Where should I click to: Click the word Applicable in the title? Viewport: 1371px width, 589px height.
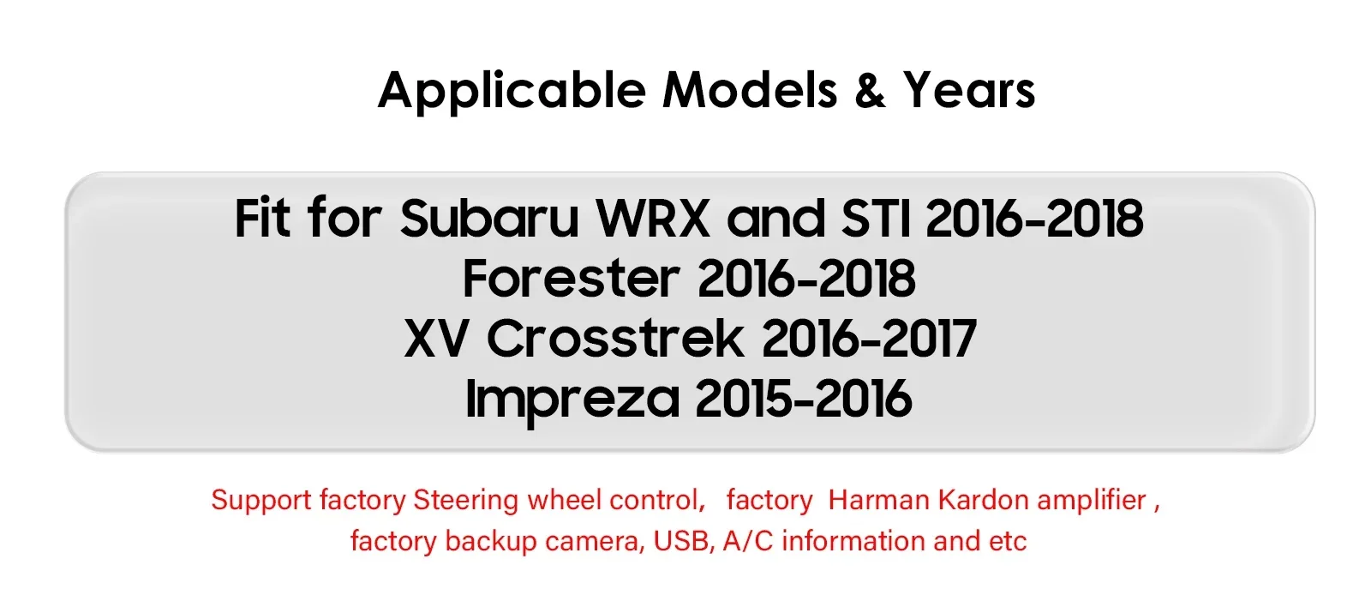pyautogui.click(x=512, y=91)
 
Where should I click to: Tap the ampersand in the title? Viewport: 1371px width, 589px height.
pyautogui.click(x=870, y=90)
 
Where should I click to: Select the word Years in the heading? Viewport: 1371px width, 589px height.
pyautogui.click(x=969, y=90)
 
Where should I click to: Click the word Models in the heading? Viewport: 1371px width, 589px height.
pyautogui.click(x=750, y=90)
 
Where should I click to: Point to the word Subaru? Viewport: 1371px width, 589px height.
pyautogui.click(x=489, y=218)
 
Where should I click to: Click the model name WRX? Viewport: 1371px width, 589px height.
pyautogui.click(x=653, y=218)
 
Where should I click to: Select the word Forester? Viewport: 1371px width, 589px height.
pyautogui.click(x=571, y=279)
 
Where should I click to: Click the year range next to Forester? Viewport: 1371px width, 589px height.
pyautogui.click(x=806, y=279)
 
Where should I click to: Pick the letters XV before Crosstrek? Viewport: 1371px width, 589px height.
pyautogui.click(x=436, y=339)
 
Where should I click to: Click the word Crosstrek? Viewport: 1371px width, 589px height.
pyautogui.click(x=615, y=338)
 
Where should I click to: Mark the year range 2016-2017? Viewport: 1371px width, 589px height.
pyautogui.click(x=869, y=339)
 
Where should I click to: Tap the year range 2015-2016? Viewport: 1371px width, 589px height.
pyautogui.click(x=804, y=399)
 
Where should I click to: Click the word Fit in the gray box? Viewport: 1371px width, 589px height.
pyautogui.click(x=262, y=218)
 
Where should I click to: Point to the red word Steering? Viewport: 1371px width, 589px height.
pyautogui.click(x=466, y=501)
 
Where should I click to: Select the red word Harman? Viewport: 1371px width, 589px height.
pyautogui.click(x=879, y=500)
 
